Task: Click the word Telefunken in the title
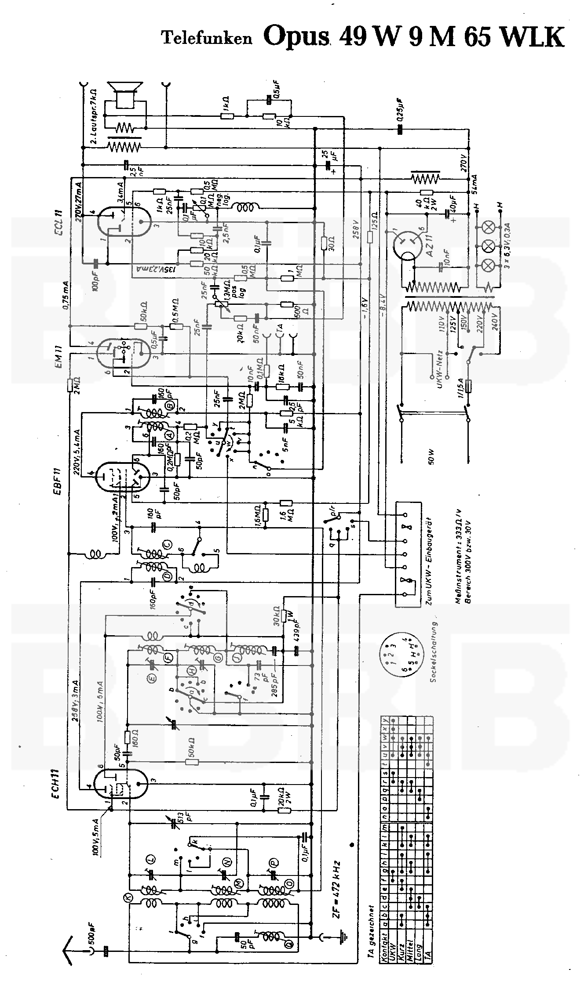207,38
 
